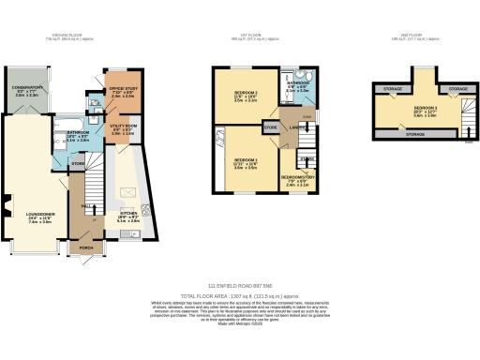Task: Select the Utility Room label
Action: tap(124, 126)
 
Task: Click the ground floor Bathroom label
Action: tap(78, 133)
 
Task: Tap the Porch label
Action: tap(86, 248)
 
